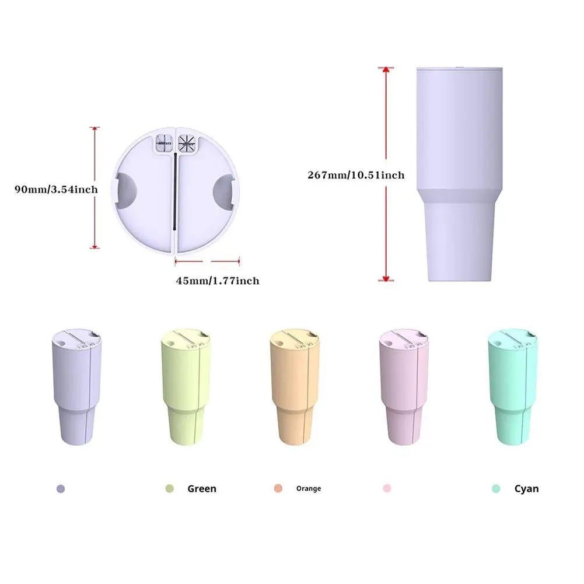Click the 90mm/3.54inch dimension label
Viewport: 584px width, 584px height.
coord(57,188)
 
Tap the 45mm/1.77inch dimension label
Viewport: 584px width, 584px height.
coord(218,281)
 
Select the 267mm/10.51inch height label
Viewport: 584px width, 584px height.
coord(356,174)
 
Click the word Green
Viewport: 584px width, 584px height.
coord(201,489)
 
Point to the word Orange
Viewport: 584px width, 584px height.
coord(308,488)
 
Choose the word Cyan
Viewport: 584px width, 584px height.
coord(526,489)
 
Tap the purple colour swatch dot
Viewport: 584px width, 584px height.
coord(61,489)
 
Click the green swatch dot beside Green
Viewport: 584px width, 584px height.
coord(170,489)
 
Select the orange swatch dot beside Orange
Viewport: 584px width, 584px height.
coord(278,488)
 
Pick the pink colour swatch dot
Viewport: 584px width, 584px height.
coord(387,488)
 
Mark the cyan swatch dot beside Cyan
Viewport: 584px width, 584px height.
coord(496,489)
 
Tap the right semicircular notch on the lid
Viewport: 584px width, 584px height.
coord(224,192)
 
